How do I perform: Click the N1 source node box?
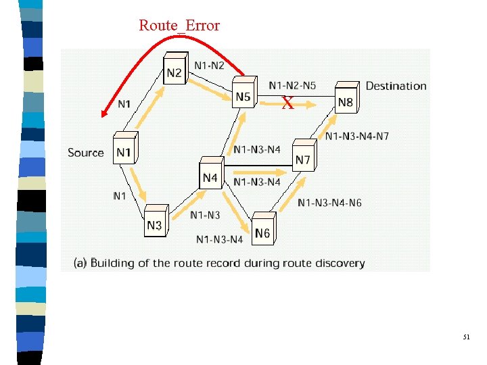[123, 151]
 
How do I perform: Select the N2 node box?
[174, 72]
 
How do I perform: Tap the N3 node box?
[154, 224]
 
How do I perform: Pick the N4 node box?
[210, 176]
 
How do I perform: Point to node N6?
[262, 232]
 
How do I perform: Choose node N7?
[303, 158]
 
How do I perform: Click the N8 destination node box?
[345, 101]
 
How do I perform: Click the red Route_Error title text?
[179, 26]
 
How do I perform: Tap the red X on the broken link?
[287, 104]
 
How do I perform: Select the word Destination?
[396, 86]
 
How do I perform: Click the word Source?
[86, 153]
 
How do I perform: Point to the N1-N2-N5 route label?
[292, 85]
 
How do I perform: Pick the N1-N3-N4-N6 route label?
[329, 203]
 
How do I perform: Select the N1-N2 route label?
[210, 64]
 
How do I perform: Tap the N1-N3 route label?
[205, 215]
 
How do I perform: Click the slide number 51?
[466, 336]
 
